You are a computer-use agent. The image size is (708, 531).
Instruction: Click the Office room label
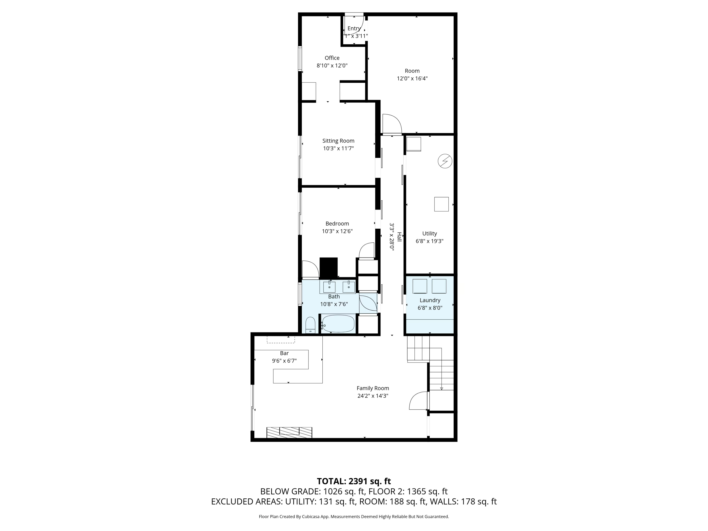click(332, 58)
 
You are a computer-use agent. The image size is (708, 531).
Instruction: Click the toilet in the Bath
click(310, 325)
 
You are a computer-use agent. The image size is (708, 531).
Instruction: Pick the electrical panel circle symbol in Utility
click(445, 161)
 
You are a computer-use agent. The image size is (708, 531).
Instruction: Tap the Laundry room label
click(430, 300)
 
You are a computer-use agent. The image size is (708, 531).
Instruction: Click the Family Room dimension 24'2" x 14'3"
click(373, 396)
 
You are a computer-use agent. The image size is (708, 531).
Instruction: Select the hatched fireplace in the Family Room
click(289, 432)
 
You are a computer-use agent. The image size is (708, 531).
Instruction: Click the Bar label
click(284, 353)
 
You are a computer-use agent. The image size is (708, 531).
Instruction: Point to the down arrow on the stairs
click(441, 388)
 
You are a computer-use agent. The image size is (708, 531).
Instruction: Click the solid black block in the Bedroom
click(329, 268)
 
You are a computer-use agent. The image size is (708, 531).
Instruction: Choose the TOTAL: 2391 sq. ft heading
click(354, 481)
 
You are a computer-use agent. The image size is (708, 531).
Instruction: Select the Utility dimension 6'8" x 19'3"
click(429, 241)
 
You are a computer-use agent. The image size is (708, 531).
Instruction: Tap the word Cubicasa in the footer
click(309, 517)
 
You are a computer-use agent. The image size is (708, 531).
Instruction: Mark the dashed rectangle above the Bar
click(281, 340)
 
